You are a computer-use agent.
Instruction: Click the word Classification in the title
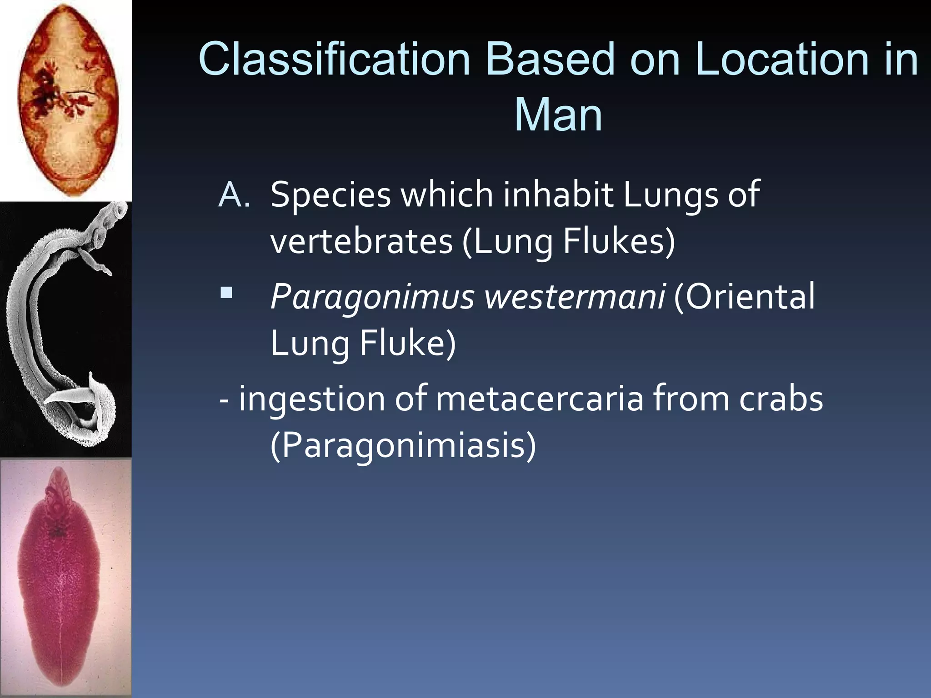334,59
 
